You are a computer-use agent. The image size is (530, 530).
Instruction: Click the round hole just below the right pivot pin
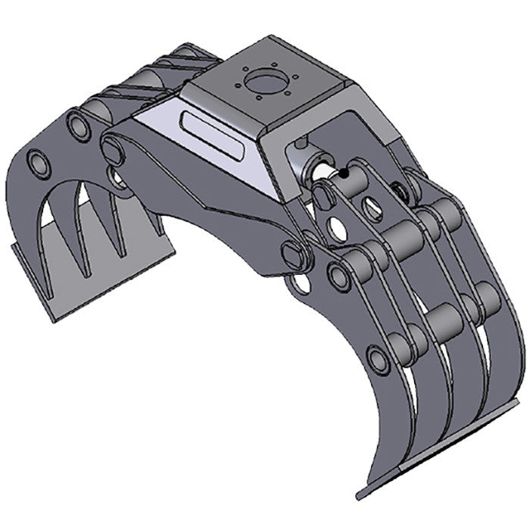coord(301,284)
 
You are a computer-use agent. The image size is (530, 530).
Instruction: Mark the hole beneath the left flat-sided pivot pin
coord(117,179)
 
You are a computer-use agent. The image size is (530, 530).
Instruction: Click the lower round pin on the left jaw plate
coord(39,161)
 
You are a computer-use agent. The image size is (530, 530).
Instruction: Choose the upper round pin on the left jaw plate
coord(77,125)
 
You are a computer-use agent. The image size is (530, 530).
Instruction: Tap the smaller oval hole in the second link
coord(372,209)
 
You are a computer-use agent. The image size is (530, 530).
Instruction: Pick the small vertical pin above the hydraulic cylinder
coord(302,142)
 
